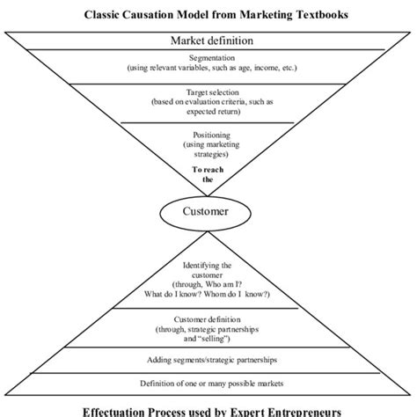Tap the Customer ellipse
pyautogui.click(x=208, y=213)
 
